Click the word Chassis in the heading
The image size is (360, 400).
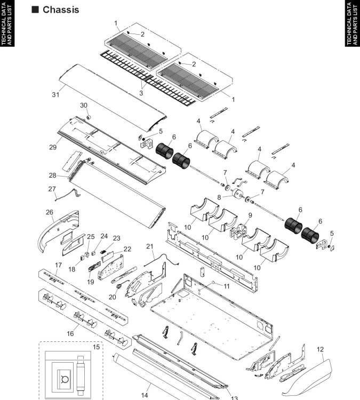[x=61, y=10]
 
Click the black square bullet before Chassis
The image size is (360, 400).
[x=36, y=10]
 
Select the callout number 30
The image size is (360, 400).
[x=84, y=105]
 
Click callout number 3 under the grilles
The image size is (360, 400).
[x=141, y=92]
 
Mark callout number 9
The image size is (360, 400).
[x=249, y=215]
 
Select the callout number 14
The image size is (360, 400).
[x=145, y=395]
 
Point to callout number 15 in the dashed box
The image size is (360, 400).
[x=97, y=347]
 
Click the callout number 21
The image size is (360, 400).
[x=150, y=245]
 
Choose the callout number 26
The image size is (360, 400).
[x=50, y=212]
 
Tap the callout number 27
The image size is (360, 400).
[x=52, y=188]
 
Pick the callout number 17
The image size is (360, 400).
[x=58, y=265]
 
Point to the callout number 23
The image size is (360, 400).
[x=116, y=238]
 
